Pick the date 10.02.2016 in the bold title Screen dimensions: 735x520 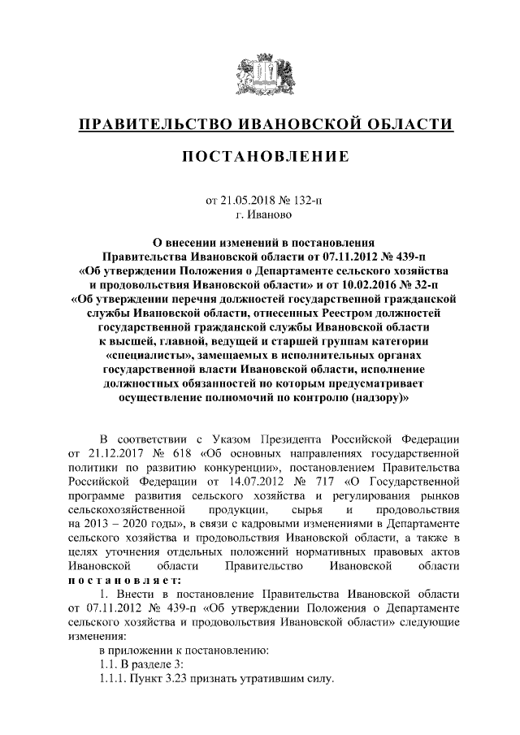pos(351,285)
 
